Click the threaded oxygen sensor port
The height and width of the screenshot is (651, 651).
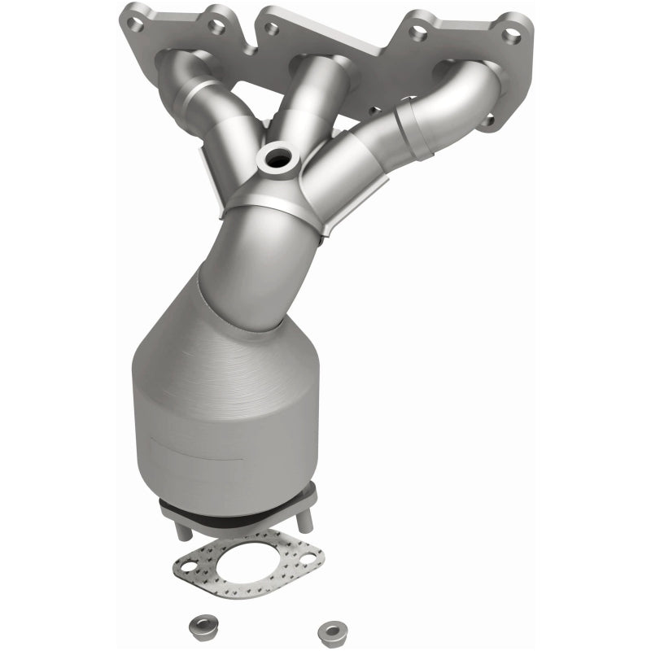click(x=277, y=159)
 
